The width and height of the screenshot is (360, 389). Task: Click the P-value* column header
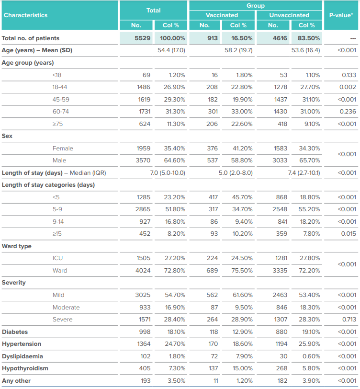[341, 15]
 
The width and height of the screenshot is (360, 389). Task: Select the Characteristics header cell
[25, 15]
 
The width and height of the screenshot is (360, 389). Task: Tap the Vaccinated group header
[222, 15]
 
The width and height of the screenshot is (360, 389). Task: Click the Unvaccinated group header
[289, 15]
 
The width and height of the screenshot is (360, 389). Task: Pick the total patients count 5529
[143, 38]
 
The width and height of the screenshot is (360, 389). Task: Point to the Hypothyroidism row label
[25, 368]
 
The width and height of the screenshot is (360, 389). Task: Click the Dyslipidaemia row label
[22, 356]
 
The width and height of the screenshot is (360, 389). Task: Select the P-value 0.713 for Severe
[349, 319]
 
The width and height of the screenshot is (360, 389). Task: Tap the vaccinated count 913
[213, 38]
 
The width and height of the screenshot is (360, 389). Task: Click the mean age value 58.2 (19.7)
[238, 50]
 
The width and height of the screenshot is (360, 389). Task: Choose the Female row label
[63, 149]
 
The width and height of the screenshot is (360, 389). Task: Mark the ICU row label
[57, 258]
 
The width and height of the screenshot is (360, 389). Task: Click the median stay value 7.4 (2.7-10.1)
[304, 173]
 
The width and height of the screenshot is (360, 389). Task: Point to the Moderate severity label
[66, 308]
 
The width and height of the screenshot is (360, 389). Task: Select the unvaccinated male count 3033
[280, 160]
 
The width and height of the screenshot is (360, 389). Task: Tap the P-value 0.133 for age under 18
[349, 75]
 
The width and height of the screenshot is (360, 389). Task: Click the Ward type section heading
[17, 246]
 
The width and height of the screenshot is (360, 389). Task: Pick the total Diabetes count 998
[145, 332]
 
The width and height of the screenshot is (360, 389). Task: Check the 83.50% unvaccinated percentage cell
[306, 38]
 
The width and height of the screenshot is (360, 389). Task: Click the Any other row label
[16, 381]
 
